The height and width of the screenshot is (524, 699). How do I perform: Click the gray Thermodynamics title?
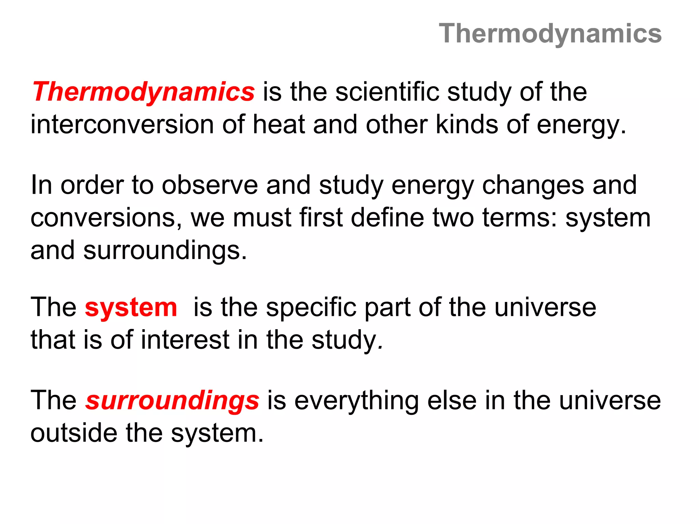(x=550, y=34)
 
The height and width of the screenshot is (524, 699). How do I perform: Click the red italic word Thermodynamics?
(x=143, y=92)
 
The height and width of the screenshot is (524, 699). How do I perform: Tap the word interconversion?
(x=122, y=125)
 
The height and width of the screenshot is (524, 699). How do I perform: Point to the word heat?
(x=279, y=125)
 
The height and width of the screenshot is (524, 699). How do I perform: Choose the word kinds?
(x=467, y=125)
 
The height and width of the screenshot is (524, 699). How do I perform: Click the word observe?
(x=210, y=185)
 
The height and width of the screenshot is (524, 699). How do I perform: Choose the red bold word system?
(x=131, y=307)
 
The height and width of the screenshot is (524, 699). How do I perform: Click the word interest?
(x=185, y=340)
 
